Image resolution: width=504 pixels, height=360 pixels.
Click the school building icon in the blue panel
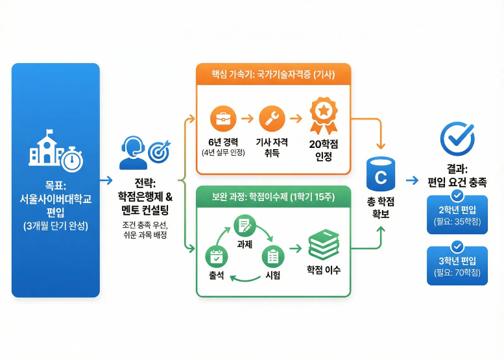tap(44, 151)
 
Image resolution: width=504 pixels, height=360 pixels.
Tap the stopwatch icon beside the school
tap(73, 158)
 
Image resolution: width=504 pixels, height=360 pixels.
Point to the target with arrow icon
tap(158, 151)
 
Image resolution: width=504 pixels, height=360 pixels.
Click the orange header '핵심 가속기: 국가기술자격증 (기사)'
tap(273, 74)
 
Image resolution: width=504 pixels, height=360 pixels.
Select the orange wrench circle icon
tap(271, 119)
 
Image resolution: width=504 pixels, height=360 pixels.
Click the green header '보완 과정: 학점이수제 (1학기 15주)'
tap(273, 196)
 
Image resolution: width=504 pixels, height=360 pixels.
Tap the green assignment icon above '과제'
tap(245, 226)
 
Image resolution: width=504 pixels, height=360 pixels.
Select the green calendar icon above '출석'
tap(215, 257)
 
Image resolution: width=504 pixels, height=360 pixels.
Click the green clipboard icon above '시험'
tap(272, 257)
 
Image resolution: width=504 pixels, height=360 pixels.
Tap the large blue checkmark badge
tap(457, 135)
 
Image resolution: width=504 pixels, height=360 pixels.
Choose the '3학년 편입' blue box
tap(457, 267)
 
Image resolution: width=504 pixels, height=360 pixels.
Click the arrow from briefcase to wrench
tap(246, 119)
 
